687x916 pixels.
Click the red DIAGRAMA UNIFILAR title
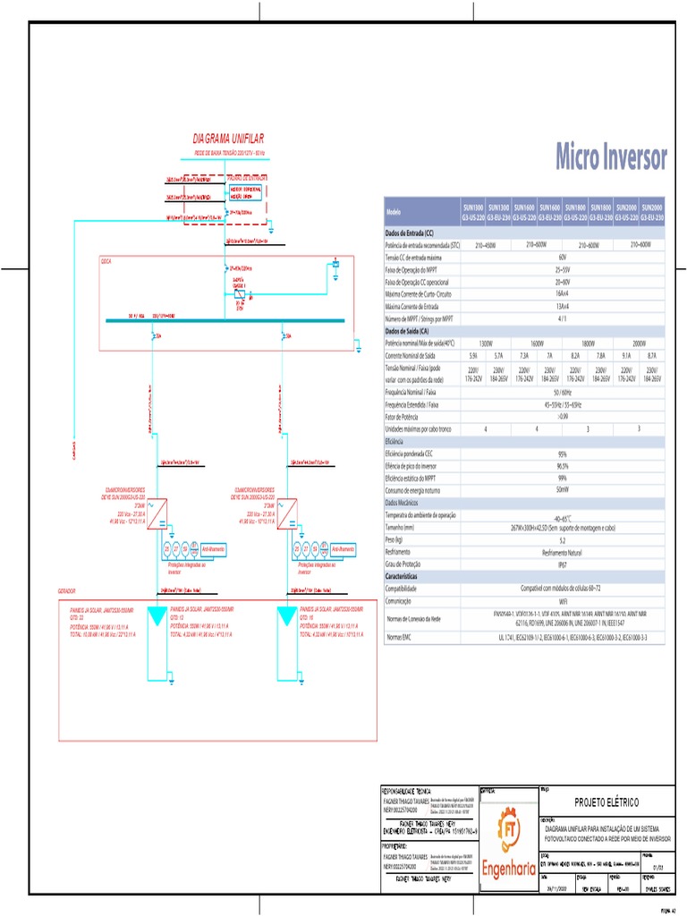[x=228, y=139]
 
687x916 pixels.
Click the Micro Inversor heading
[x=611, y=157]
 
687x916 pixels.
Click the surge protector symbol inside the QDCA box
[x=239, y=293]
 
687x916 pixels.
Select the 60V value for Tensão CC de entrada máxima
[x=562, y=257]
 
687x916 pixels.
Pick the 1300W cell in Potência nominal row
[x=486, y=343]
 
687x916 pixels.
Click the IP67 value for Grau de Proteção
[x=562, y=565]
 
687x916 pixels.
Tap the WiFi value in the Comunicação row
[x=562, y=602]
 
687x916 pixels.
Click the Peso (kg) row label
[x=394, y=541]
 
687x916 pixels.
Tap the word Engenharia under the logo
[x=509, y=868]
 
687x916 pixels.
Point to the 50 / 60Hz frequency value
[x=562, y=392]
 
